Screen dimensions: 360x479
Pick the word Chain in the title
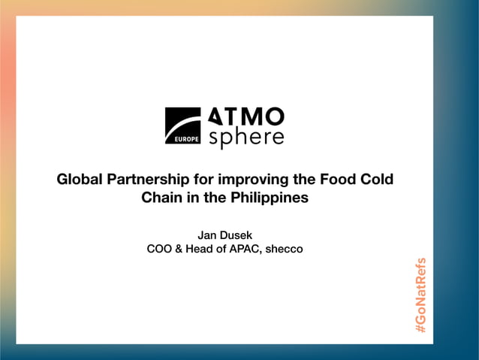pyautogui.click(x=161, y=198)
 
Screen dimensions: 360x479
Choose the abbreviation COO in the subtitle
pyautogui.click(x=160, y=249)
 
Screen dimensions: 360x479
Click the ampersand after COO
pyautogui.click(x=179, y=249)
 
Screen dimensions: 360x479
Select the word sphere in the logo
pyautogui.click(x=246, y=138)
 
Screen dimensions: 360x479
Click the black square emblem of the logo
pyautogui.click(x=182, y=125)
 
